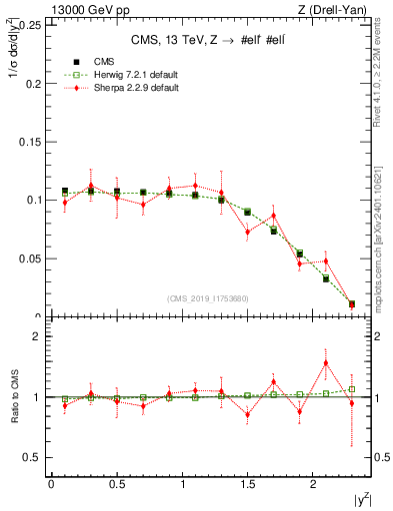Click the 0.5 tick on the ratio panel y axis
point(32,457)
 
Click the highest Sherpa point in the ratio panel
point(326,362)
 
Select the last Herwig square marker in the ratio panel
point(352,389)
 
